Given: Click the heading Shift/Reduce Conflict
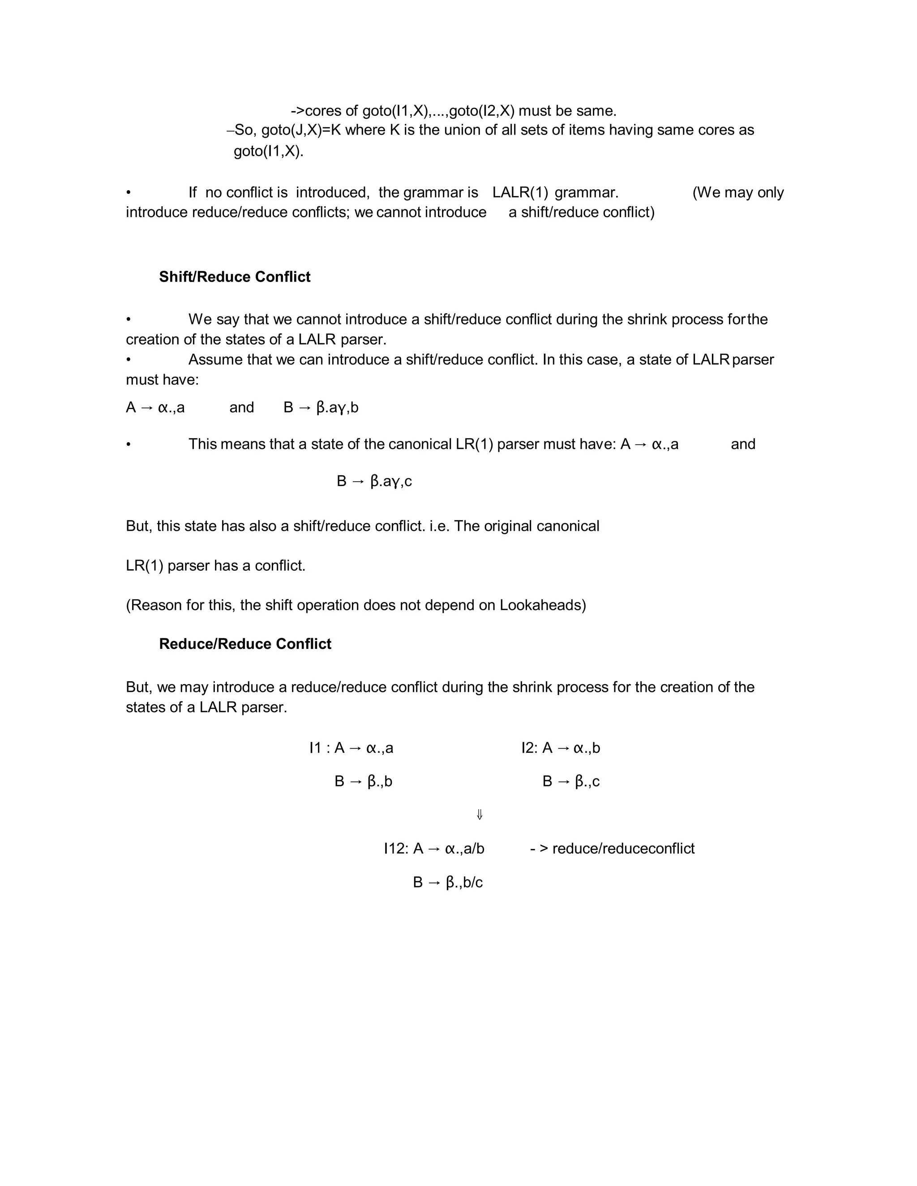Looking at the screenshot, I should point(235,277).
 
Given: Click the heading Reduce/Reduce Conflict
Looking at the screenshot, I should point(245,644).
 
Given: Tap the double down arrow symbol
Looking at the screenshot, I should point(480,815).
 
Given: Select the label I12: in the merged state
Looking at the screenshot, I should point(396,849).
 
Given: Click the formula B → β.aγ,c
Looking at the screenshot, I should point(374,481).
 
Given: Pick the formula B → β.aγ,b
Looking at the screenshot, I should point(321,407).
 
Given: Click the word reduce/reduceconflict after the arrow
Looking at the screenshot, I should point(623,849).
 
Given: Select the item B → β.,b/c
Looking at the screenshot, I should point(448,883).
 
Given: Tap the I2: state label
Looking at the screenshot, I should point(530,748).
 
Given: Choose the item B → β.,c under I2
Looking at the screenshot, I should point(571,781).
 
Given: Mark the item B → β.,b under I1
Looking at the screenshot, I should point(364,781).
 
